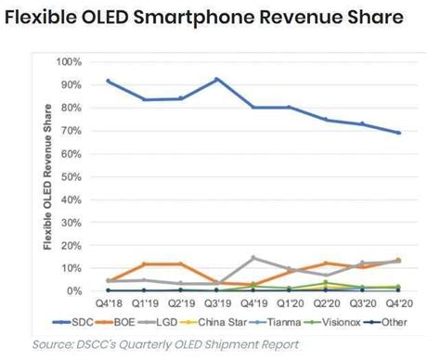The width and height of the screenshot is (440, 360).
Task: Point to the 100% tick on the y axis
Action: tap(70, 61)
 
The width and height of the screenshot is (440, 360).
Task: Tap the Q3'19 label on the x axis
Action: tap(218, 303)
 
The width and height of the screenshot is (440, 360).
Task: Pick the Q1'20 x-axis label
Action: tap(290, 303)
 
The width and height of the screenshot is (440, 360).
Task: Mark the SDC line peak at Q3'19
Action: tap(217, 79)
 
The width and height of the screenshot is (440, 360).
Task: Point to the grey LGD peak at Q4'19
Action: tap(253, 258)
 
